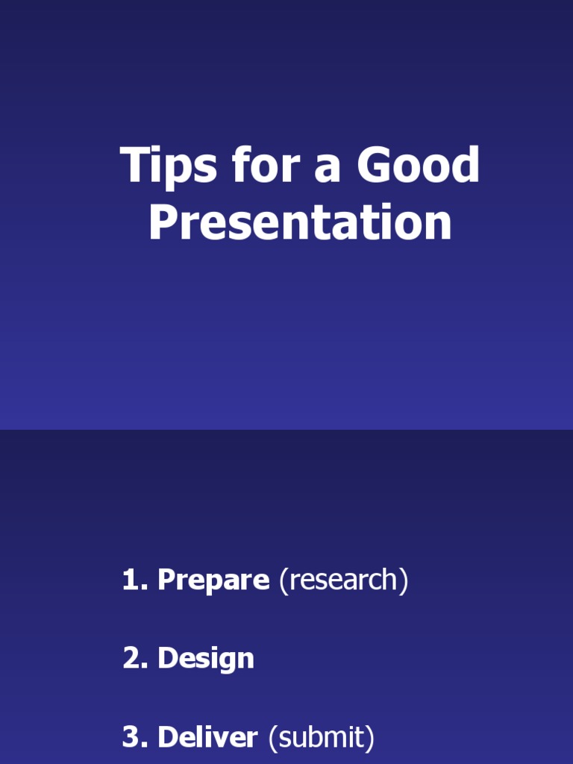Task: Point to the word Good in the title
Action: tap(418, 166)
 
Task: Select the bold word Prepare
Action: tap(213, 581)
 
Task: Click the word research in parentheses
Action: tap(343, 580)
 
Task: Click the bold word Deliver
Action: tap(207, 738)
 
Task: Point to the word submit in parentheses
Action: tap(321, 738)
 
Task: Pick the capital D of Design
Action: tap(167, 659)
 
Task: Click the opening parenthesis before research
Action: tap(284, 581)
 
